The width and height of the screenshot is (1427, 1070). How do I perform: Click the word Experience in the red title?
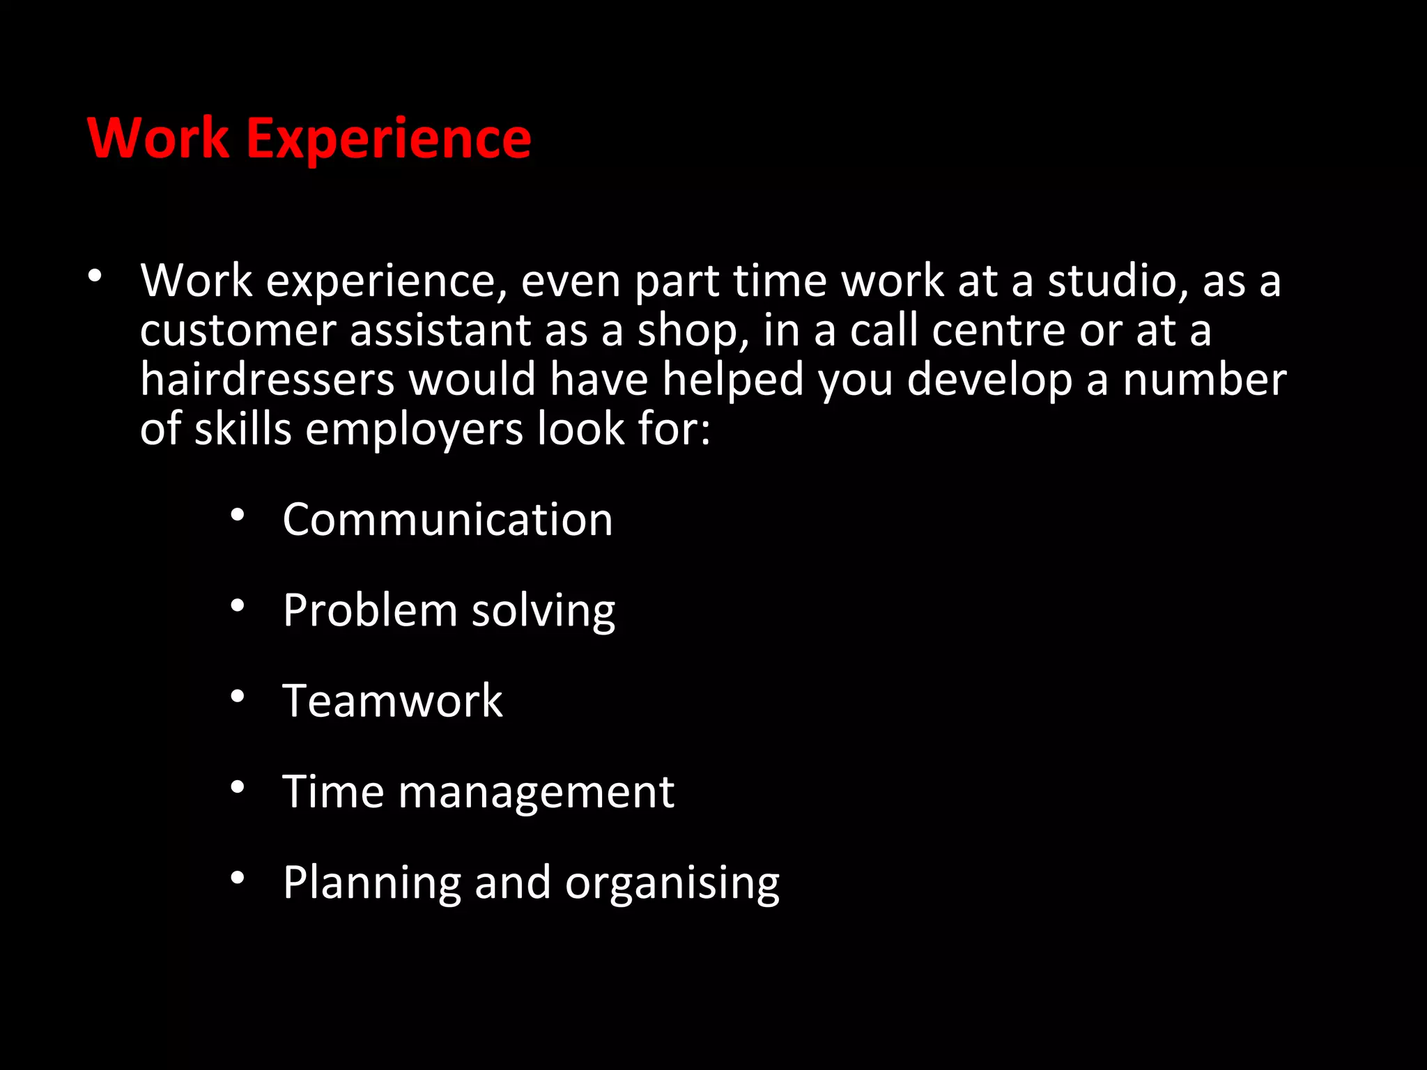[389, 139]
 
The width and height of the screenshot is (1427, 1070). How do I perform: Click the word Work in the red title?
[158, 138]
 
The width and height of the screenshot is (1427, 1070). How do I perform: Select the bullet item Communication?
[447, 520]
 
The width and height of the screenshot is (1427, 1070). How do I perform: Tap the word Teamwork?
[392, 701]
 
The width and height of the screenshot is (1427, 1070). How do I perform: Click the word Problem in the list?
[369, 610]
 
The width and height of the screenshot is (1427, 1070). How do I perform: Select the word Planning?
[371, 883]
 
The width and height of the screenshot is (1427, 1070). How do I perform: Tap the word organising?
[672, 883]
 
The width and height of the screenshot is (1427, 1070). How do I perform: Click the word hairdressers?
[268, 380]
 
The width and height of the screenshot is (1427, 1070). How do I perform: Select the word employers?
[414, 430]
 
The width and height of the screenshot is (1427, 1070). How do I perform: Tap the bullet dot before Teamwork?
[238, 696]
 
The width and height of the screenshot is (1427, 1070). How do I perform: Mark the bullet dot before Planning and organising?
[238, 878]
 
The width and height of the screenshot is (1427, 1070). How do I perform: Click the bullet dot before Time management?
[238, 787]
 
